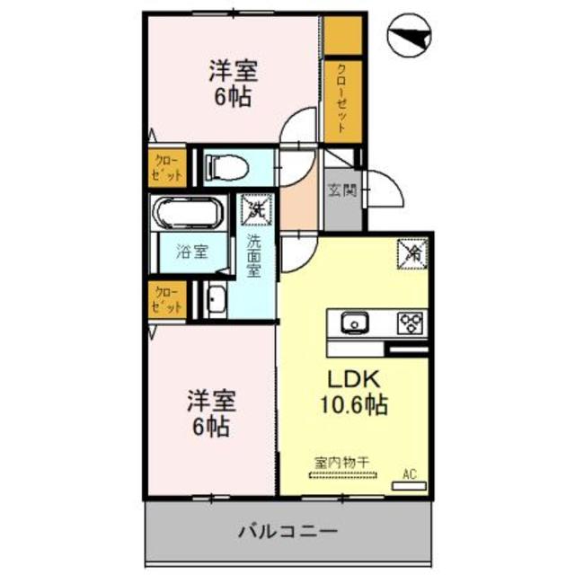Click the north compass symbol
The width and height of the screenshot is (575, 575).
[410, 37]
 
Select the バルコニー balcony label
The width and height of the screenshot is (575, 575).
[287, 531]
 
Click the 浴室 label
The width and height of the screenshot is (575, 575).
[190, 252]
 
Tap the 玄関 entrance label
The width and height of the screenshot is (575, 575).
[341, 190]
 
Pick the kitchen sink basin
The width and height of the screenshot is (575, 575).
[351, 322]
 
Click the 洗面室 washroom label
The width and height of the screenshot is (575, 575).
[255, 256]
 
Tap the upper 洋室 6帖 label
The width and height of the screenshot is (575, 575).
[230, 81]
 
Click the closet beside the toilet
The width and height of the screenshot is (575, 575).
[168, 167]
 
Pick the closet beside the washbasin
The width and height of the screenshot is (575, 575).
[167, 299]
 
